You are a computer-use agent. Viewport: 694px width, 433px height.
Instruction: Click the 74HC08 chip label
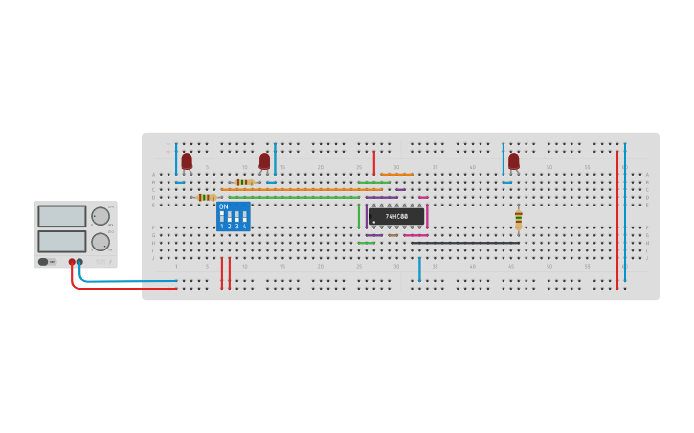tap(396, 217)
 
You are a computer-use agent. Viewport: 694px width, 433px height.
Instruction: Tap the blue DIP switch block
tap(233, 217)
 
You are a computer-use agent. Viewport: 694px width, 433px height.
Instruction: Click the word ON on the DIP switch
tap(224, 206)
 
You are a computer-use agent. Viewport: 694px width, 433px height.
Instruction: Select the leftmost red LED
tap(187, 162)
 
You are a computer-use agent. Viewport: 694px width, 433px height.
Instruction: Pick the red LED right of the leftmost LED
tap(264, 162)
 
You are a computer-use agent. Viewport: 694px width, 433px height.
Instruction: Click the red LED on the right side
tap(514, 162)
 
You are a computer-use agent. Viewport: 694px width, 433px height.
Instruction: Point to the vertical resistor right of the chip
tap(518, 220)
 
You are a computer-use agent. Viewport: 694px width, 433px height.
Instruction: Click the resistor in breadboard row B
tap(244, 182)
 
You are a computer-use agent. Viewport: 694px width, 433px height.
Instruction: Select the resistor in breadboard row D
tap(205, 197)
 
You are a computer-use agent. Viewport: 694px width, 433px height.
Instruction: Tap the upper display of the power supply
tap(62, 216)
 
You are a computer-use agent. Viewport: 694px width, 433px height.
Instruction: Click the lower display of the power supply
tap(62, 241)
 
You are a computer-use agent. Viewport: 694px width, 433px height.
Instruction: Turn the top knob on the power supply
tap(100, 216)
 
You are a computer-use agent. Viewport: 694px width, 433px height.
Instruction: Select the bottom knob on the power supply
tap(100, 242)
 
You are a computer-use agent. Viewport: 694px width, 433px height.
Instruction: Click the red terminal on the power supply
tap(72, 261)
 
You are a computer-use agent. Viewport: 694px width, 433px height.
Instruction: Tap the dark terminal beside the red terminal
tap(79, 261)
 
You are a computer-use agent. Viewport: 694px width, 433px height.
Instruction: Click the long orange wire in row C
tap(302, 189)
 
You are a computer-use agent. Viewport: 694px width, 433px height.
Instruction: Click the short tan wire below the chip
tap(392, 235)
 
